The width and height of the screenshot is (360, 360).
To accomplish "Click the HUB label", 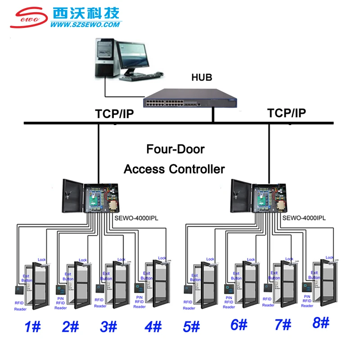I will point(202,77).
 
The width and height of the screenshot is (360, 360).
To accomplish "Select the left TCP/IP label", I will point(114,114).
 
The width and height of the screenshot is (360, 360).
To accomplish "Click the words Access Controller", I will point(174,169).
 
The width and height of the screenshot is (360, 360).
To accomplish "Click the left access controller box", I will point(91,196).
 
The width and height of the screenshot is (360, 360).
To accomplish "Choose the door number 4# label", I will point(153,326).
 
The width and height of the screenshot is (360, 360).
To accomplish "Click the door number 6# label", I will point(238,324).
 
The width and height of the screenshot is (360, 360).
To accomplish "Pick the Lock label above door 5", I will point(210,259).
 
